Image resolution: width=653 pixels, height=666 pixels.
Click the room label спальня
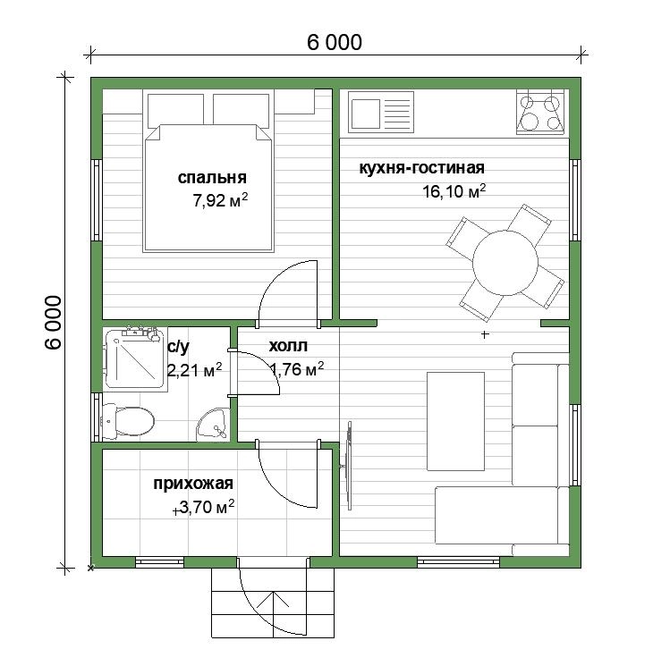coord(212,178)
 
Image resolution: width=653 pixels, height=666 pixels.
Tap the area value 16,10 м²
coord(454,191)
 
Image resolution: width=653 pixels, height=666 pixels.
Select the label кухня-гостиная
coord(421,168)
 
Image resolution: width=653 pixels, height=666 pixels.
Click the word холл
coord(288,346)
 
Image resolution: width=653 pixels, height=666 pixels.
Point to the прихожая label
coord(193,484)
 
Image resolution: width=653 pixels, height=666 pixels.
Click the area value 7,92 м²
coord(220,200)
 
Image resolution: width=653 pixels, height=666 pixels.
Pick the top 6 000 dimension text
coord(335,43)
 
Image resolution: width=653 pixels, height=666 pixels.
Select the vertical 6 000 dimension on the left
coord(53,323)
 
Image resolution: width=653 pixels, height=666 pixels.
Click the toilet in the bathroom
coord(127,422)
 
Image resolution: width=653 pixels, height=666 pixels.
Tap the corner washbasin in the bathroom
coord(213,425)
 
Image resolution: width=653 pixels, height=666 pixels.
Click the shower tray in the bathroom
coord(135,358)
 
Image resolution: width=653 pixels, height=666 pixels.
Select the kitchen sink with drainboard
coord(381,112)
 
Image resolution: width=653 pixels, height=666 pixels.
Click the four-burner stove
coord(540,112)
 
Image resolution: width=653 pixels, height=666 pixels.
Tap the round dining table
coord(505,263)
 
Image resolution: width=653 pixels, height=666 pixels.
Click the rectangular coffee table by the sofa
coord(455,421)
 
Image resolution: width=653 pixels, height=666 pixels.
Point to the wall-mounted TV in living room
coord(349,466)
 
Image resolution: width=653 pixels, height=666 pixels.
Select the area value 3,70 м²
coord(207,507)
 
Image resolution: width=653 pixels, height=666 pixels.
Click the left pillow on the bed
coord(175,111)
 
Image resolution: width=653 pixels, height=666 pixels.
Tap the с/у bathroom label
coord(179,347)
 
